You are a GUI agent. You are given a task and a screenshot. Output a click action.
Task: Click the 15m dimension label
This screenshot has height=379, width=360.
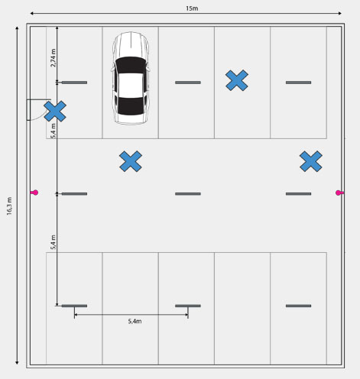tap(192, 8)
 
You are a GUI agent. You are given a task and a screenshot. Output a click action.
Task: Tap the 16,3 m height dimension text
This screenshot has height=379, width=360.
tap(9, 206)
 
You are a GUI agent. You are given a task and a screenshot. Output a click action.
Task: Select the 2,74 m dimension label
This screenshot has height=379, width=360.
tap(53, 58)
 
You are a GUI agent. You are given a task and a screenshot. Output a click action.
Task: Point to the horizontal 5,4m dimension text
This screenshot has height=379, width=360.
tap(135, 321)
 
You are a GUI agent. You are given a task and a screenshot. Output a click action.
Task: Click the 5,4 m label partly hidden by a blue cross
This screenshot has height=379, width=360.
tap(53, 131)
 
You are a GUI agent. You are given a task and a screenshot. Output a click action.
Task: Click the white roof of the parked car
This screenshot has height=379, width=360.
tap(131, 85)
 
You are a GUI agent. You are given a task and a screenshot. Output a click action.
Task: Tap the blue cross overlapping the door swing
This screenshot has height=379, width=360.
tap(55, 112)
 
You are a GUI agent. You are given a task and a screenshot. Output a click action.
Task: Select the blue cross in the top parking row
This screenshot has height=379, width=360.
tap(237, 80)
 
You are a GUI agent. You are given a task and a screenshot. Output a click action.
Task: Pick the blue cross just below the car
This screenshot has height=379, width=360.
tap(131, 161)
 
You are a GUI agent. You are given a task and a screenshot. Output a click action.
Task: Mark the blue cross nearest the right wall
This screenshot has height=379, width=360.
tap(311, 161)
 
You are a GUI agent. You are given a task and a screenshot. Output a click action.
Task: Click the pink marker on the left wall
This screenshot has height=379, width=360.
tap(34, 193)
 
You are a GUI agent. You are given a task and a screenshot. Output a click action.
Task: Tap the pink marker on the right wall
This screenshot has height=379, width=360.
tap(339, 193)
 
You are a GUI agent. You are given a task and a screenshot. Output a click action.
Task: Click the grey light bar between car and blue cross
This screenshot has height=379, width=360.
tap(188, 83)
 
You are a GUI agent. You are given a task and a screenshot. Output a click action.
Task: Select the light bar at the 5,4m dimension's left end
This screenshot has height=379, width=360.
tap(74, 306)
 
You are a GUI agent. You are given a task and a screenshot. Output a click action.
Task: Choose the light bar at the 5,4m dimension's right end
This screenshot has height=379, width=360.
tap(188, 306)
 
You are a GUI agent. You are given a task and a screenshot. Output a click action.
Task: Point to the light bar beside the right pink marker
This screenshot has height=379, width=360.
tap(298, 194)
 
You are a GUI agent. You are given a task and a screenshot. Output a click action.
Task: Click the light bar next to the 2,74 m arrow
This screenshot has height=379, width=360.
tap(74, 83)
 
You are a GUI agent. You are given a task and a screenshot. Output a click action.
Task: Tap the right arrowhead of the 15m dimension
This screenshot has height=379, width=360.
tap(340, 14)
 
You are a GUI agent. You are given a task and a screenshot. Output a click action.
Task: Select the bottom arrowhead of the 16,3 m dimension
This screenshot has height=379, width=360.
tap(17, 363)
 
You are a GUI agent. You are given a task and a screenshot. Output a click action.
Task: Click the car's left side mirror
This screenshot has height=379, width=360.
tap(112, 69)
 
